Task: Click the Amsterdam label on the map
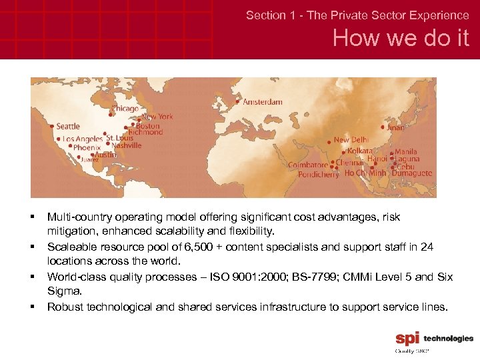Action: coord(262,102)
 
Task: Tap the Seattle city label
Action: coord(68,126)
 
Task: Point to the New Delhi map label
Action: coord(351,140)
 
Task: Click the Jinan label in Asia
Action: coord(395,127)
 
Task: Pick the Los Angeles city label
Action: coord(83,139)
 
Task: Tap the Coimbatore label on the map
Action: coord(308,165)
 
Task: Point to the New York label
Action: coord(157,117)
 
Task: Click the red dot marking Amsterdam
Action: coord(238,102)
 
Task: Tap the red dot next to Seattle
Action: coord(52,125)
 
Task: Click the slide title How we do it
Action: coord(401,39)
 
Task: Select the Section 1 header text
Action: coord(357,15)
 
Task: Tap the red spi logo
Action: coord(407,339)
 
